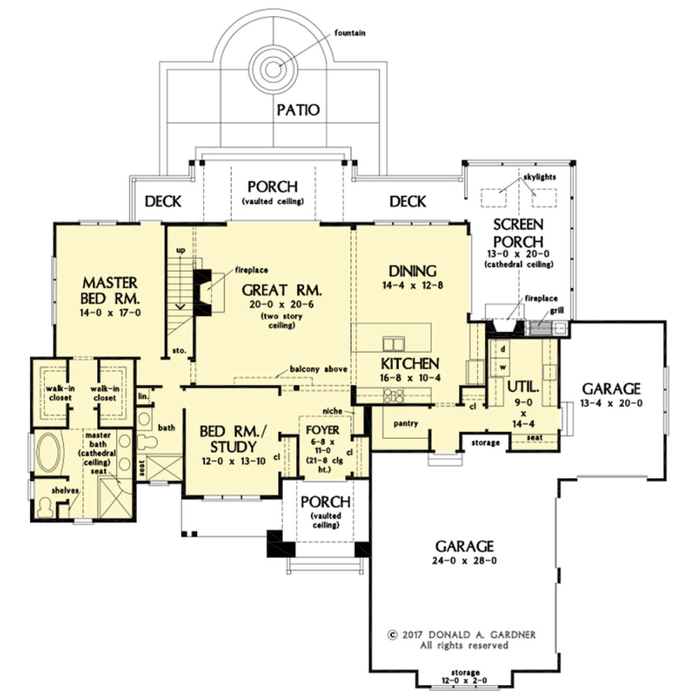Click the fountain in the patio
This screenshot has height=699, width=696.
click(x=273, y=69)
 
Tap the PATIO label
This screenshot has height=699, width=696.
click(x=298, y=110)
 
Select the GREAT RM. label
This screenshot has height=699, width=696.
click(x=282, y=290)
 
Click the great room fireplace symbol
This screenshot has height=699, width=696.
click(x=202, y=293)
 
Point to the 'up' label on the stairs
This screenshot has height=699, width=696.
click(x=180, y=251)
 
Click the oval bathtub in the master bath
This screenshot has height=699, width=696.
click(x=49, y=452)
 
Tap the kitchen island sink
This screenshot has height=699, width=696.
click(x=394, y=344)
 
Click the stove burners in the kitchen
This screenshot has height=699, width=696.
click(x=394, y=395)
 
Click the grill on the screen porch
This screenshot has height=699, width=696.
click(x=541, y=327)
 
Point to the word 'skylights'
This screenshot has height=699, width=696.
click(x=539, y=177)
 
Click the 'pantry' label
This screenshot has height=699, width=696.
click(x=405, y=423)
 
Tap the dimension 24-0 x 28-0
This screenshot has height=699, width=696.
click(x=465, y=560)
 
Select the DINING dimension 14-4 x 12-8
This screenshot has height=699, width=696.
click(x=412, y=285)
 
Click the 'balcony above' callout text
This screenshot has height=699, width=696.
click(x=318, y=369)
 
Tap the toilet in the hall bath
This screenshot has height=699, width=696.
click(x=147, y=442)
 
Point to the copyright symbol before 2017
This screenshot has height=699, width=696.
click(x=392, y=635)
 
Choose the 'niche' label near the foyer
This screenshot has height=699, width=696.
click(x=332, y=410)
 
